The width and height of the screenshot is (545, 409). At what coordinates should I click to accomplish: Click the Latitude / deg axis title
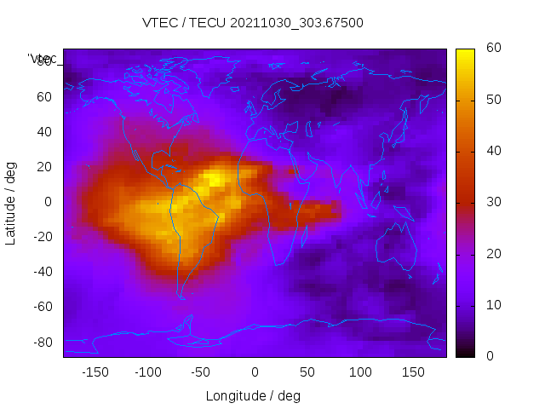11,202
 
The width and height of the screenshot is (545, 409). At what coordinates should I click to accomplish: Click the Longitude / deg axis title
253,396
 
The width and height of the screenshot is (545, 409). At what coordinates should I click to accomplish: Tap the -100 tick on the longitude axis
148,372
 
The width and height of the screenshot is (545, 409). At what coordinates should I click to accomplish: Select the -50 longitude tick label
201,372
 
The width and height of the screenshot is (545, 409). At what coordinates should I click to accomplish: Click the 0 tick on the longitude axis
255,372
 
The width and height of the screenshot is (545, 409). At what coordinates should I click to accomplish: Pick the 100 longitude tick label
361,372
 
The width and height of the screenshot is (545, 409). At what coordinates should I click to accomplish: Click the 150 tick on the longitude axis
414,372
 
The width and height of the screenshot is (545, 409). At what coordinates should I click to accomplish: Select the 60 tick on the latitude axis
43,96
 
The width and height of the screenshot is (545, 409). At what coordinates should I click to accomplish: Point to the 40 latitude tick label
43,131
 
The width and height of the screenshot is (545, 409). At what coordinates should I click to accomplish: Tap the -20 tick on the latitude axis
41,237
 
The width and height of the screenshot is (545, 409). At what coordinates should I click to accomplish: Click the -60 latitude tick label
41,307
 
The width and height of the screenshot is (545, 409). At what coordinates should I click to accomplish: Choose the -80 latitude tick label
41,342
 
